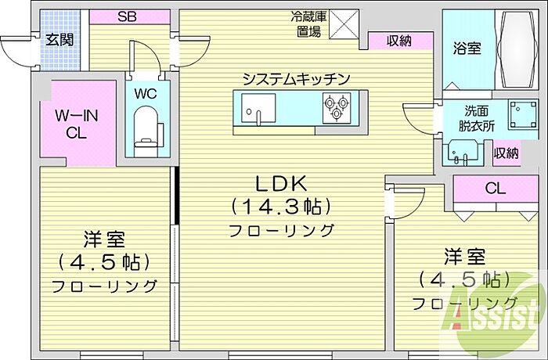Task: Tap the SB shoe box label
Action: click(129, 16)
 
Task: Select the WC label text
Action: click(146, 93)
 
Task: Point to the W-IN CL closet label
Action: click(76, 124)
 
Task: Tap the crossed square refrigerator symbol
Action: click(343, 24)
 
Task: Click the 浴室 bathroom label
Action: click(467, 48)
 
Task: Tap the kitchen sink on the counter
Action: click(254, 110)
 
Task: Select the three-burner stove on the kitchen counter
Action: click(337, 108)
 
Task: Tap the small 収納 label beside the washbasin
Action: click(506, 153)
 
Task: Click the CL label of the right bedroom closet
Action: click(494, 189)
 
